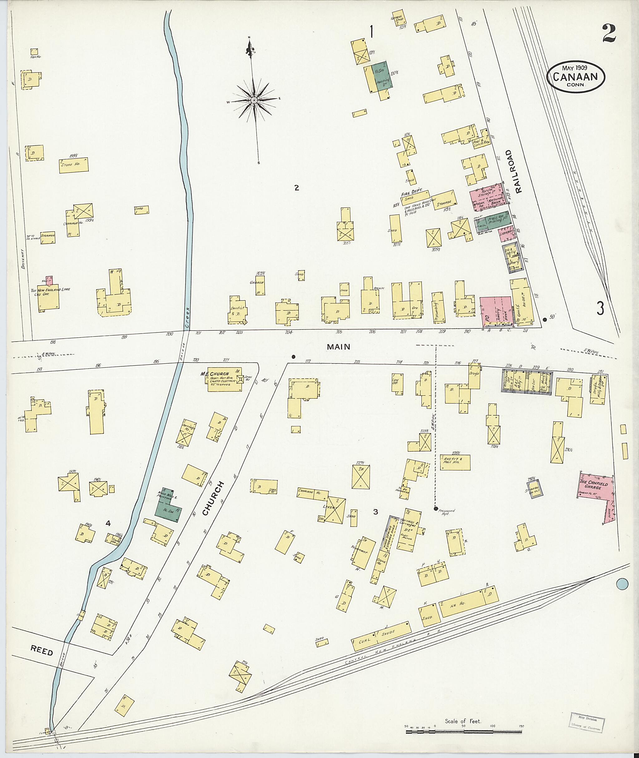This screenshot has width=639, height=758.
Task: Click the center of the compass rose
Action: [x=254, y=100]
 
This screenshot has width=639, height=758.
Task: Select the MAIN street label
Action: [x=338, y=347]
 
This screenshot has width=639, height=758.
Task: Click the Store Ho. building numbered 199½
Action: [x=74, y=165]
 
